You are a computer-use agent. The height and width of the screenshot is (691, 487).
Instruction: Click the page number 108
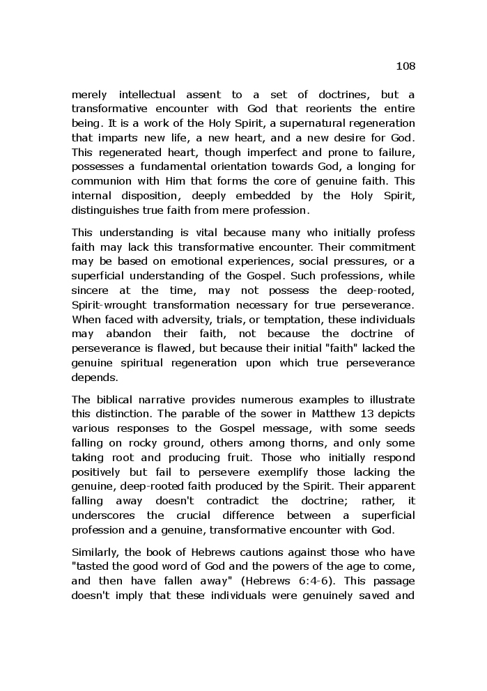pos(405,66)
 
